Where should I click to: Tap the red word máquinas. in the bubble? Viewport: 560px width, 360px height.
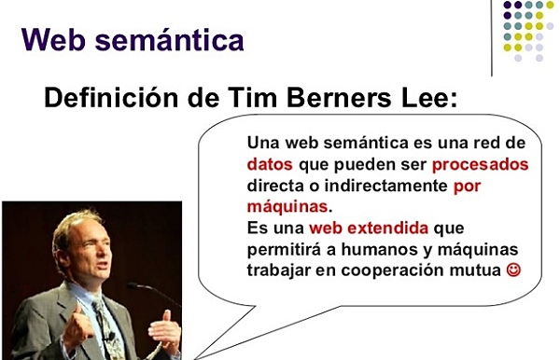click(289, 206)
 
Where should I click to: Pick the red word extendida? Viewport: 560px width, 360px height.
click(394, 228)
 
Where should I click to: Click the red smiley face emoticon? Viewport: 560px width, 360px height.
click(512, 271)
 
